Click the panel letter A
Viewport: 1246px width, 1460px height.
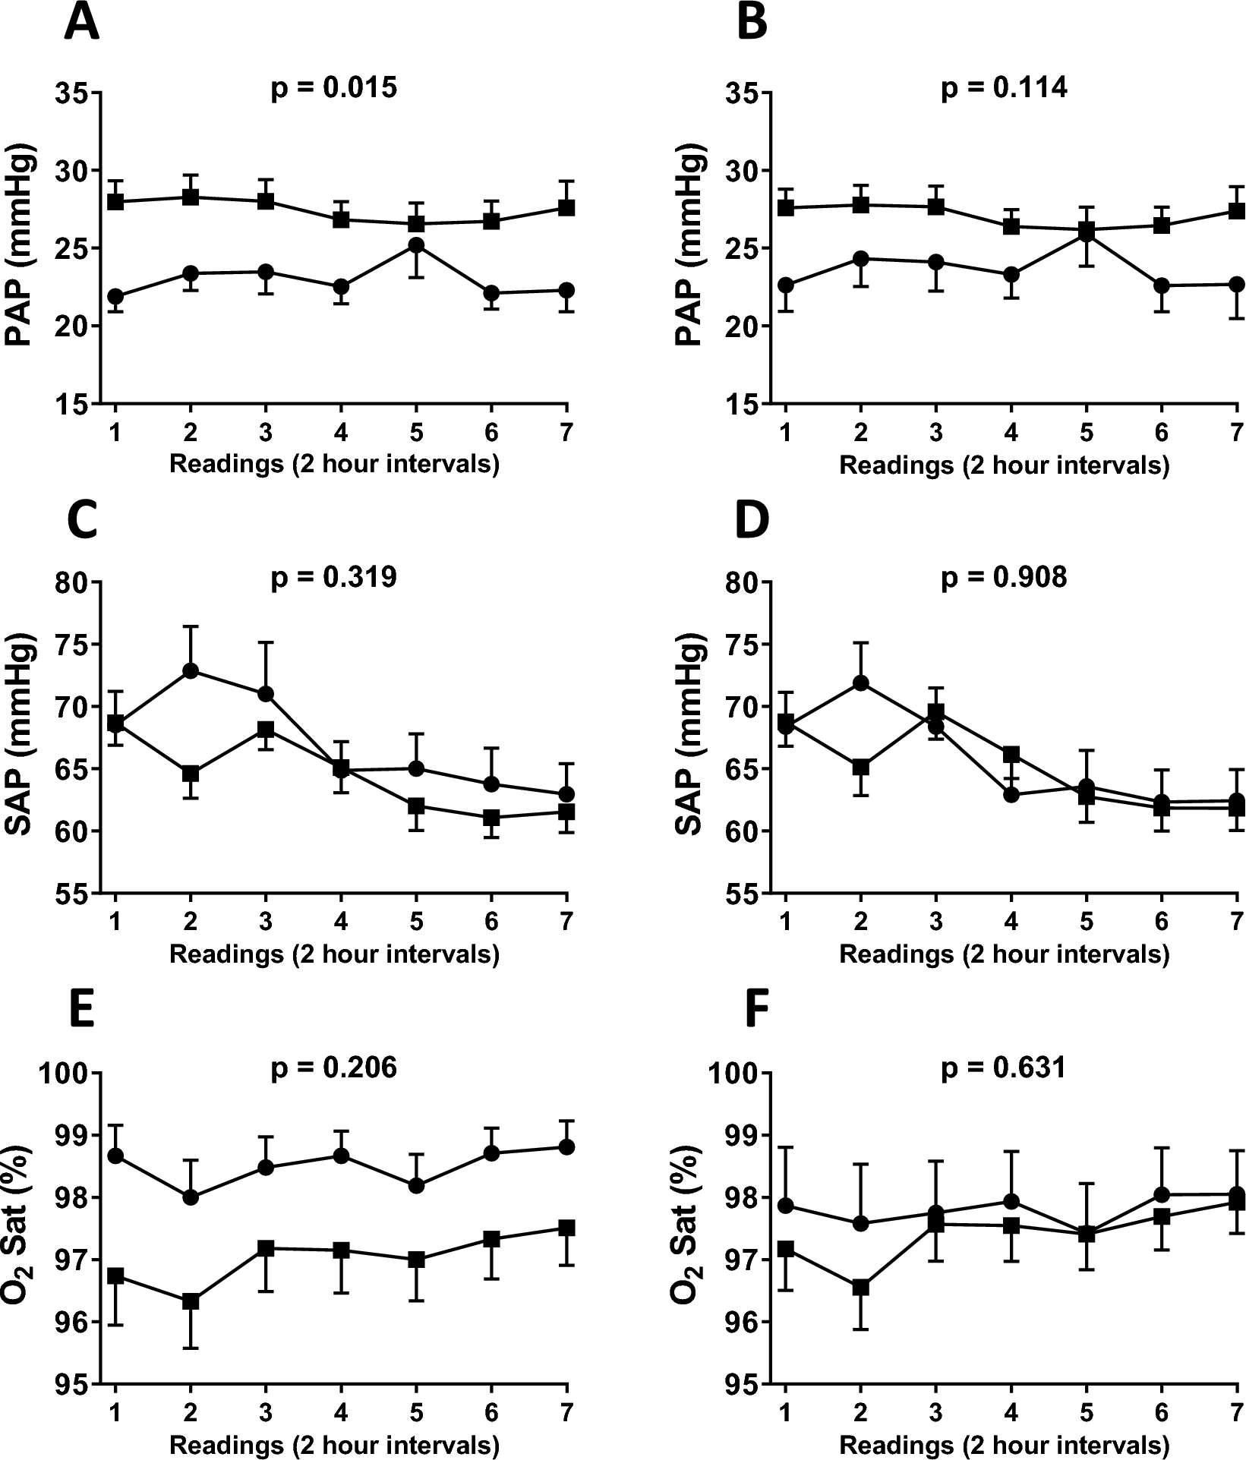pyautogui.click(x=81, y=23)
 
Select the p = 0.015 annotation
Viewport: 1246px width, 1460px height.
pyautogui.click(x=334, y=88)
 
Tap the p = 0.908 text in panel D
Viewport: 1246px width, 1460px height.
pyautogui.click(x=1004, y=578)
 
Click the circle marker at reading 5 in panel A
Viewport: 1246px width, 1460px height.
pyautogui.click(x=415, y=245)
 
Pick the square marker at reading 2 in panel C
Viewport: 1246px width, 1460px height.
pyautogui.click(x=191, y=774)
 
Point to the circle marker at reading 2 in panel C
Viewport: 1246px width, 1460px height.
pyautogui.click(x=191, y=670)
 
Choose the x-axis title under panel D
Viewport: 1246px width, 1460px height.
pyautogui.click(x=1004, y=954)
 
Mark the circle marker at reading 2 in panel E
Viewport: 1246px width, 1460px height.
pyautogui.click(x=191, y=1197)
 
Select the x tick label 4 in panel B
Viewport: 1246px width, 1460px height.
pyautogui.click(x=1011, y=432)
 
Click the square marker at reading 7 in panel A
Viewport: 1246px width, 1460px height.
pyautogui.click(x=566, y=207)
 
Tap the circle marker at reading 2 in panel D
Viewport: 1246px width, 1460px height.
pyautogui.click(x=860, y=683)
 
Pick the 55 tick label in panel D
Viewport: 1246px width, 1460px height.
pyautogui.click(x=743, y=894)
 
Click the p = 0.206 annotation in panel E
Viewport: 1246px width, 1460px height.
pyautogui.click(x=334, y=1068)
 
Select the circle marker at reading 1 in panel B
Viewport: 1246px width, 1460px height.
pyautogui.click(x=786, y=285)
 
